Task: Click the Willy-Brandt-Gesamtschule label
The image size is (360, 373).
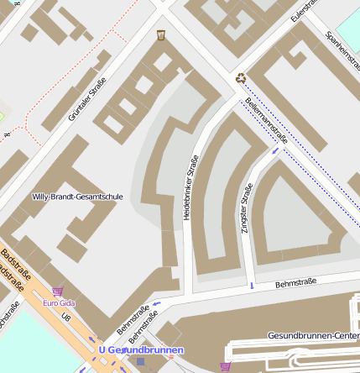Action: (x=77, y=197)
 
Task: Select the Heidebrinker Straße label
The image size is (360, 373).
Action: (x=190, y=188)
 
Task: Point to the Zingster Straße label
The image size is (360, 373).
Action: (x=247, y=208)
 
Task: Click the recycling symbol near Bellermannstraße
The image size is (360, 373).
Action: (x=241, y=78)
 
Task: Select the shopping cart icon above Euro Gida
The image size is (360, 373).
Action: (x=57, y=292)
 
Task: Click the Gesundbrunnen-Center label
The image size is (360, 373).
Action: (x=313, y=335)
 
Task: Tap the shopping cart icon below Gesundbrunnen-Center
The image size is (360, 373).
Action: (x=224, y=366)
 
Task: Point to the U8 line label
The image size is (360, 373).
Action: (x=66, y=317)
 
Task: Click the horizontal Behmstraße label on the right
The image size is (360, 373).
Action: (x=295, y=283)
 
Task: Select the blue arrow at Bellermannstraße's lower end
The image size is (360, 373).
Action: (x=274, y=151)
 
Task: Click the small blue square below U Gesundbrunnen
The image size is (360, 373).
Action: (x=140, y=362)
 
